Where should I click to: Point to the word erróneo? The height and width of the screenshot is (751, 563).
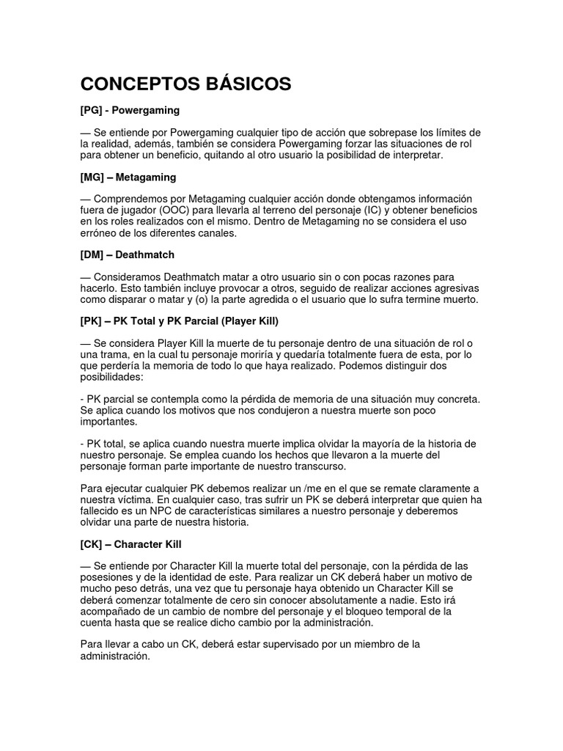[100, 232]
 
